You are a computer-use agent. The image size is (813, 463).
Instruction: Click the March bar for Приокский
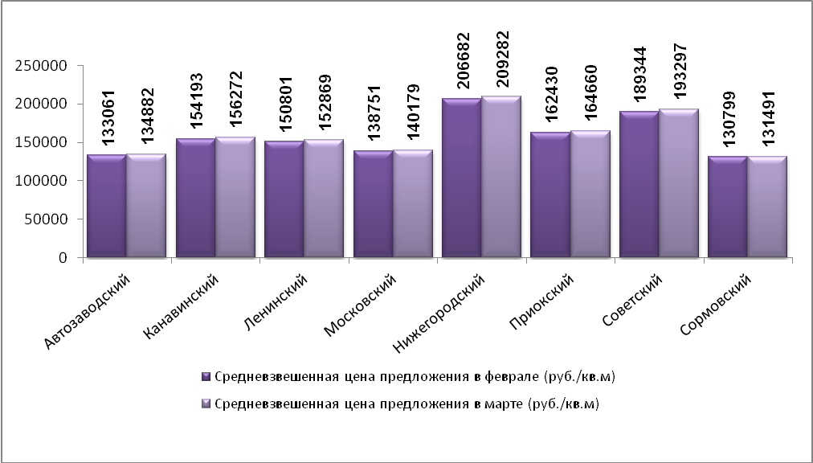point(590,195)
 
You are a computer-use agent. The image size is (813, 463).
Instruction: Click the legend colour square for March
point(206,404)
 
